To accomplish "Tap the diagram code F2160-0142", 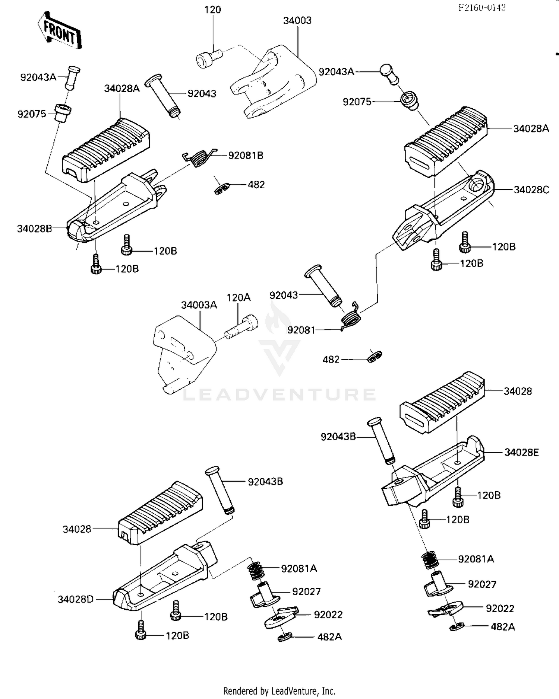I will [x=481, y=7].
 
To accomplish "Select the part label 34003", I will [x=297, y=20].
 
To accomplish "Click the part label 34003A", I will [x=199, y=305].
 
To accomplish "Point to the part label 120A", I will [x=239, y=297].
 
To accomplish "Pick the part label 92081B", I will [x=246, y=156].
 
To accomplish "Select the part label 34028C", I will [x=531, y=190].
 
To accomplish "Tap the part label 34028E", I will [x=521, y=452].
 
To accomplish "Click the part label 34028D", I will [x=76, y=599].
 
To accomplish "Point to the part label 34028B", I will [x=34, y=229].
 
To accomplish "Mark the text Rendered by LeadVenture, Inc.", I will [x=279, y=691].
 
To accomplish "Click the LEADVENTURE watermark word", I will [x=279, y=395].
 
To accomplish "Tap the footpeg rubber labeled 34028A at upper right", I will [x=445, y=141].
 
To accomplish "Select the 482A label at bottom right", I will [x=503, y=627].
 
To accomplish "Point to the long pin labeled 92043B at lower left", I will [x=220, y=490].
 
